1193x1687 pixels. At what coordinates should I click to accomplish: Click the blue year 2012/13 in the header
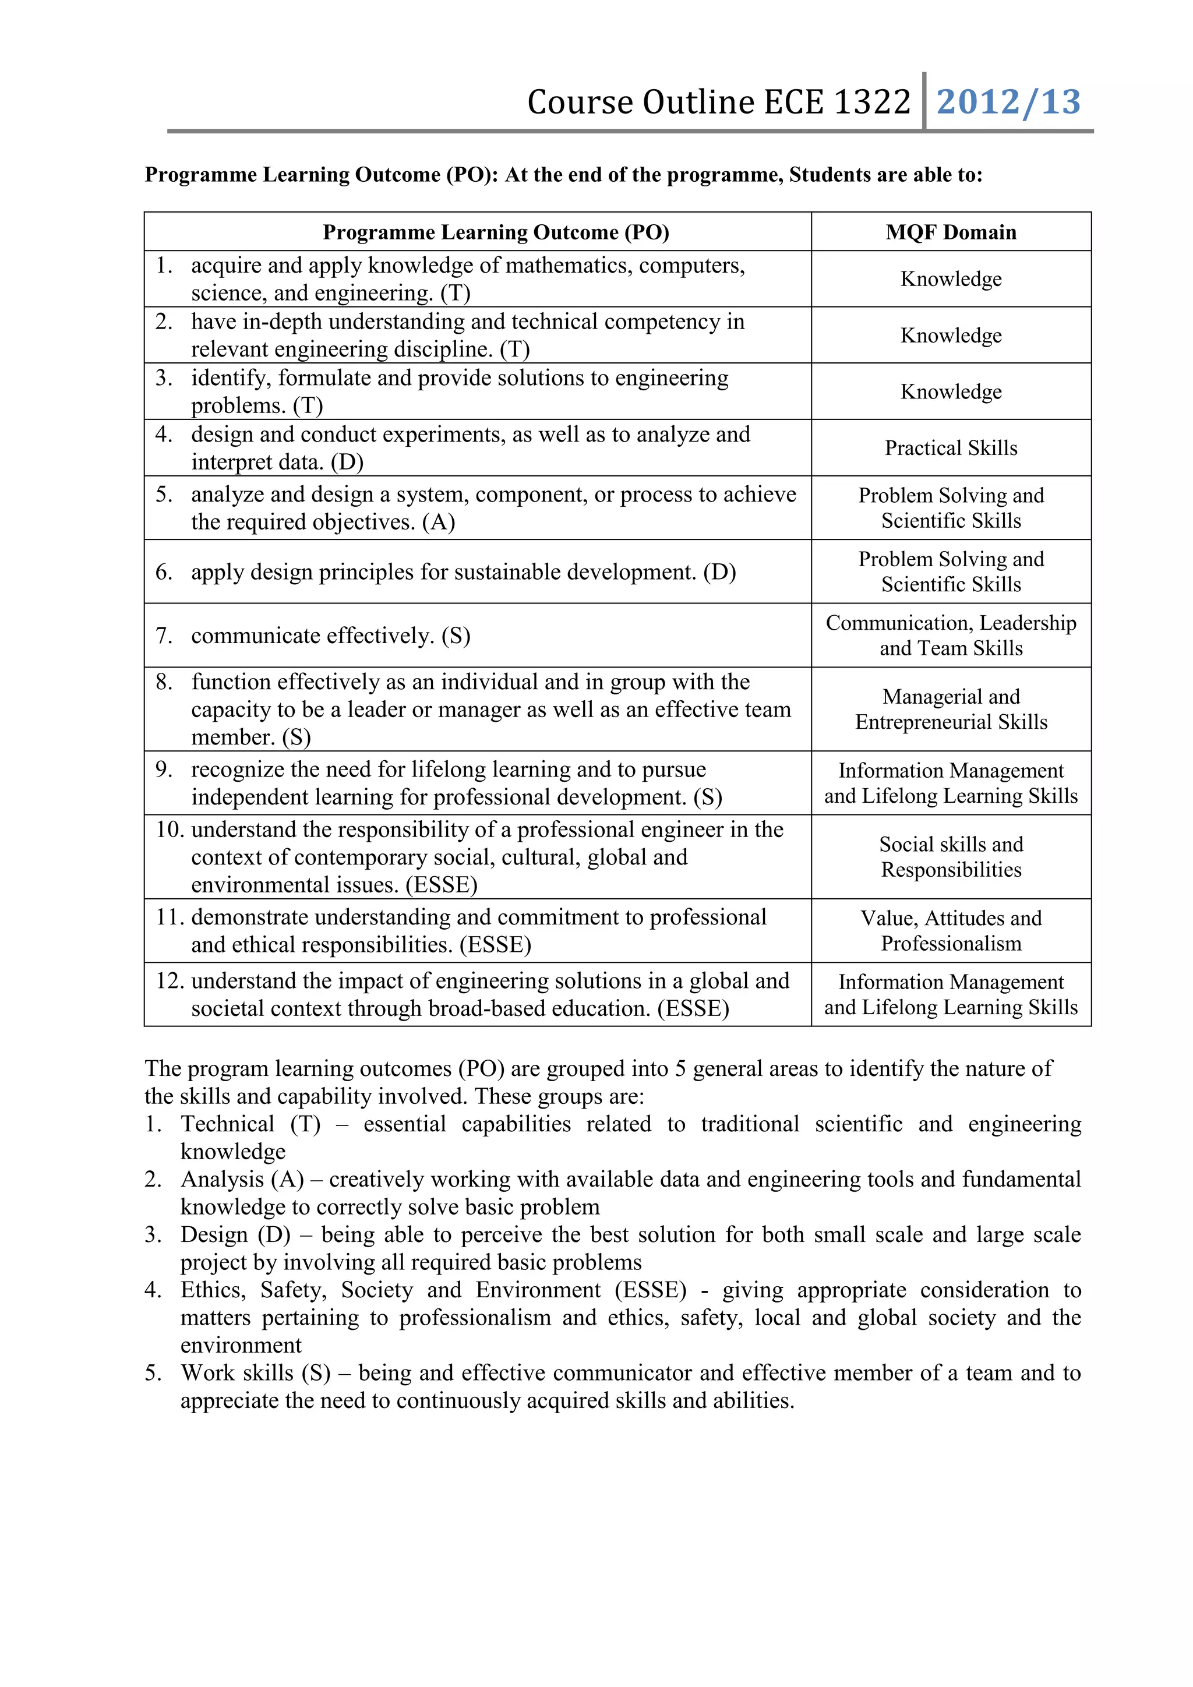pos(1008,102)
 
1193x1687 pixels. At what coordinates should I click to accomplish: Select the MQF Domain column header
pos(951,232)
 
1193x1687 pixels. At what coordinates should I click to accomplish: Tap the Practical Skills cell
pos(951,448)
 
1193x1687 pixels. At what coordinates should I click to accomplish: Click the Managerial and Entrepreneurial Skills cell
pos(951,709)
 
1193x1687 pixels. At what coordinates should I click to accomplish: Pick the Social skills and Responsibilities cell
pos(951,857)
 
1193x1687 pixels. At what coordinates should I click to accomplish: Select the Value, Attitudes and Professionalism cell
pos(951,930)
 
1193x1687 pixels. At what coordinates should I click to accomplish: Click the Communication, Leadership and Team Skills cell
pos(951,636)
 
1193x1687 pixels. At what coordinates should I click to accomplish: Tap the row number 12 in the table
pos(169,981)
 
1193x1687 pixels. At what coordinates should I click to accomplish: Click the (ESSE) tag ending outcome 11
pos(495,944)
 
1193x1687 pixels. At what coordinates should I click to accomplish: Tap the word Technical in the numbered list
pos(227,1124)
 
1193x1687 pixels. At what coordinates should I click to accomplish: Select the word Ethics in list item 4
pos(213,1290)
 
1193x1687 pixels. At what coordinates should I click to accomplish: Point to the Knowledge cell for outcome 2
pos(951,335)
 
